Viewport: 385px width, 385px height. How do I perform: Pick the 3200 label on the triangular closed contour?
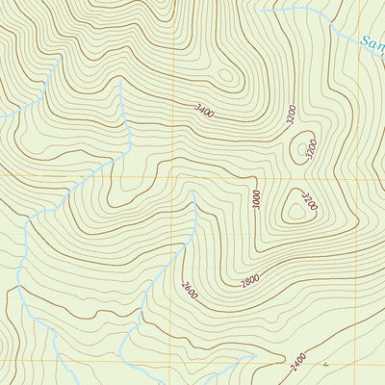(x=309, y=202)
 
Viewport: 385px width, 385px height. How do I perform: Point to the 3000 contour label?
(x=257, y=199)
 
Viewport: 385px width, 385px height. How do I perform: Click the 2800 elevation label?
(x=250, y=280)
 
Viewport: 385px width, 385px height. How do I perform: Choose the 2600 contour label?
(x=188, y=289)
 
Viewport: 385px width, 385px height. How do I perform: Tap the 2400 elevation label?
(x=297, y=364)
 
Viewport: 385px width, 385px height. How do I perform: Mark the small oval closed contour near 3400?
(x=226, y=74)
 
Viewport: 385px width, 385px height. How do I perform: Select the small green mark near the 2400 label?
(x=326, y=365)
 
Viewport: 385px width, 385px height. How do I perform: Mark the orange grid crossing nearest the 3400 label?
(x=173, y=177)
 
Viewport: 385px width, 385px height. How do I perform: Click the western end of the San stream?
(x=262, y=12)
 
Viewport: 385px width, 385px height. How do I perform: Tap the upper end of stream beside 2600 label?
(x=193, y=192)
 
